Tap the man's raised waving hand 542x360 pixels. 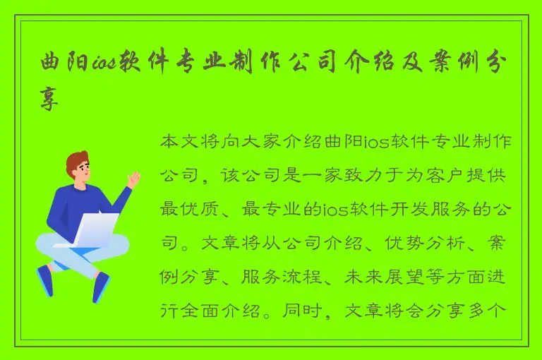(x=132, y=179)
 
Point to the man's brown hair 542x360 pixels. (x=76, y=162)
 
